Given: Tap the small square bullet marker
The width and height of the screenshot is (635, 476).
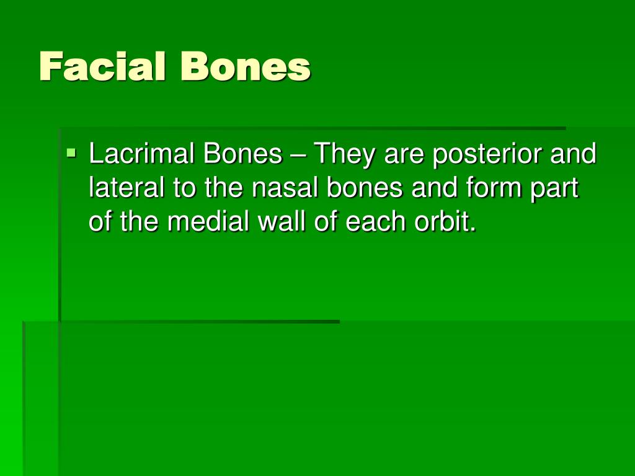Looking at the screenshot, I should click(x=72, y=151).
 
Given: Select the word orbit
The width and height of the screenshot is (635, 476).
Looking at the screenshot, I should click(x=445, y=222).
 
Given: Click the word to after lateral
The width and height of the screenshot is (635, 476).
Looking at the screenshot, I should click(x=184, y=189).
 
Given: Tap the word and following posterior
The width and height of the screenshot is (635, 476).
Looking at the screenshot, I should click(x=574, y=155).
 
